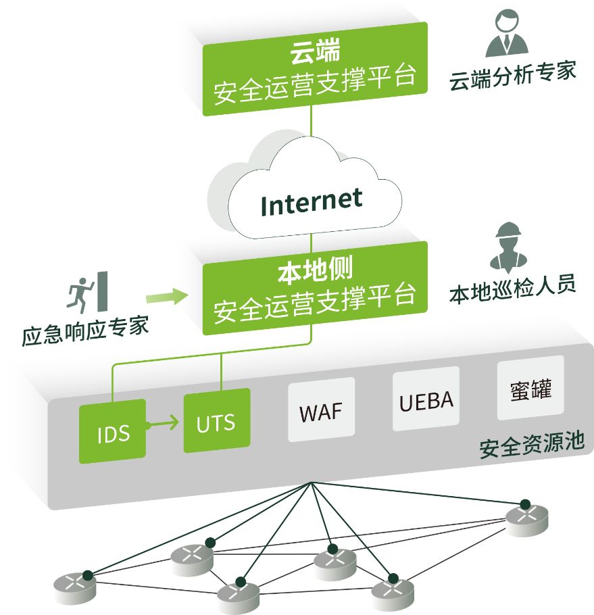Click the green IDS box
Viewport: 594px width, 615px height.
(113, 431)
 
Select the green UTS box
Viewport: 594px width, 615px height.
(216, 422)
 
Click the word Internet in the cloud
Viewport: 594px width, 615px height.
(312, 201)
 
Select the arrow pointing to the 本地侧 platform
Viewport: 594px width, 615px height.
(167, 296)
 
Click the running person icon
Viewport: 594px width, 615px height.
(80, 291)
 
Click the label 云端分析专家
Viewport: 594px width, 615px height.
(512, 77)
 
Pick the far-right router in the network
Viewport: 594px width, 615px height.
(527, 516)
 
